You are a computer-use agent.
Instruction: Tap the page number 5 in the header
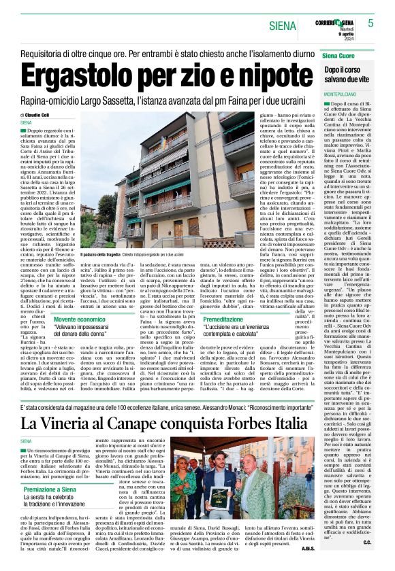click(371, 23)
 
